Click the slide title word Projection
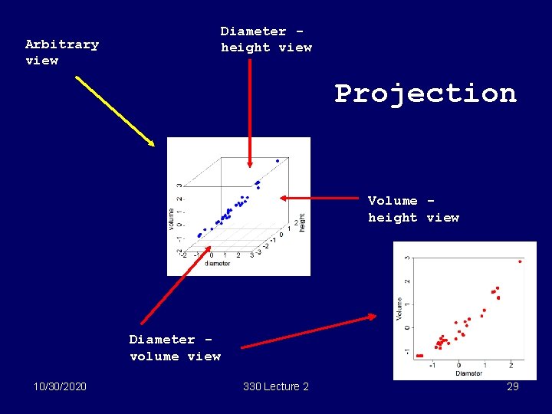point(426,94)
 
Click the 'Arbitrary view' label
point(61,52)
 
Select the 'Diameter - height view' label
point(266,39)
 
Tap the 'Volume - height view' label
point(412,209)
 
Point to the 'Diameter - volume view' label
point(174,347)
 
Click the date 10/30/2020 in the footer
point(61,386)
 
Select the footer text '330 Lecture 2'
point(275,386)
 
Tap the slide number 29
point(512,386)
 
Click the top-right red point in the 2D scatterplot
point(520,261)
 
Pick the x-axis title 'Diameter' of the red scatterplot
point(468,373)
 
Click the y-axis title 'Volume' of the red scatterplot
point(399,308)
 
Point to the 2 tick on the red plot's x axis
point(511,365)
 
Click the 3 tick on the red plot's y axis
point(407,258)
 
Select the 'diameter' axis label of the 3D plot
point(217,264)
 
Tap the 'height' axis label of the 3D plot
point(302,222)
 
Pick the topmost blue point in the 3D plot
point(278,161)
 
